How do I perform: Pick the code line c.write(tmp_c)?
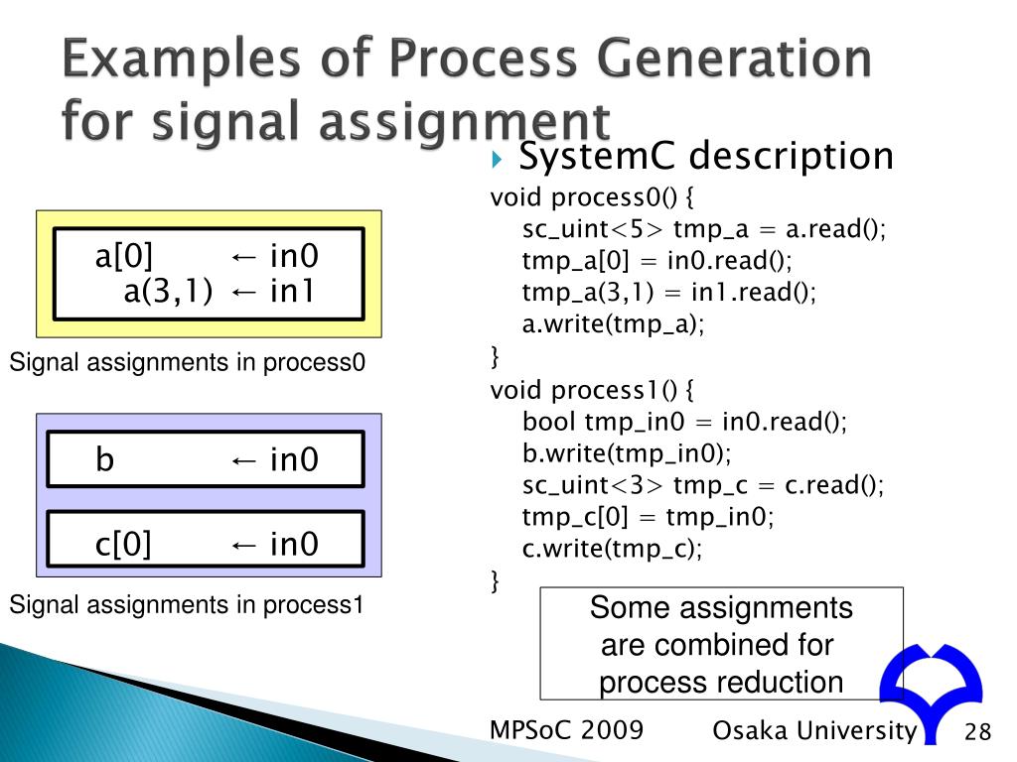(612, 549)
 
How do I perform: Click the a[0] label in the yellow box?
(124, 257)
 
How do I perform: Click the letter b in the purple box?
(105, 460)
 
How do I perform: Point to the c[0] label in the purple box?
(123, 544)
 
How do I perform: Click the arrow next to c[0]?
(244, 545)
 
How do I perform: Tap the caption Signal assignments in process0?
(188, 364)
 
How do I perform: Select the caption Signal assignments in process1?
(188, 604)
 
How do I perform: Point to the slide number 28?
(977, 733)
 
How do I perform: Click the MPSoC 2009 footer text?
(567, 730)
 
